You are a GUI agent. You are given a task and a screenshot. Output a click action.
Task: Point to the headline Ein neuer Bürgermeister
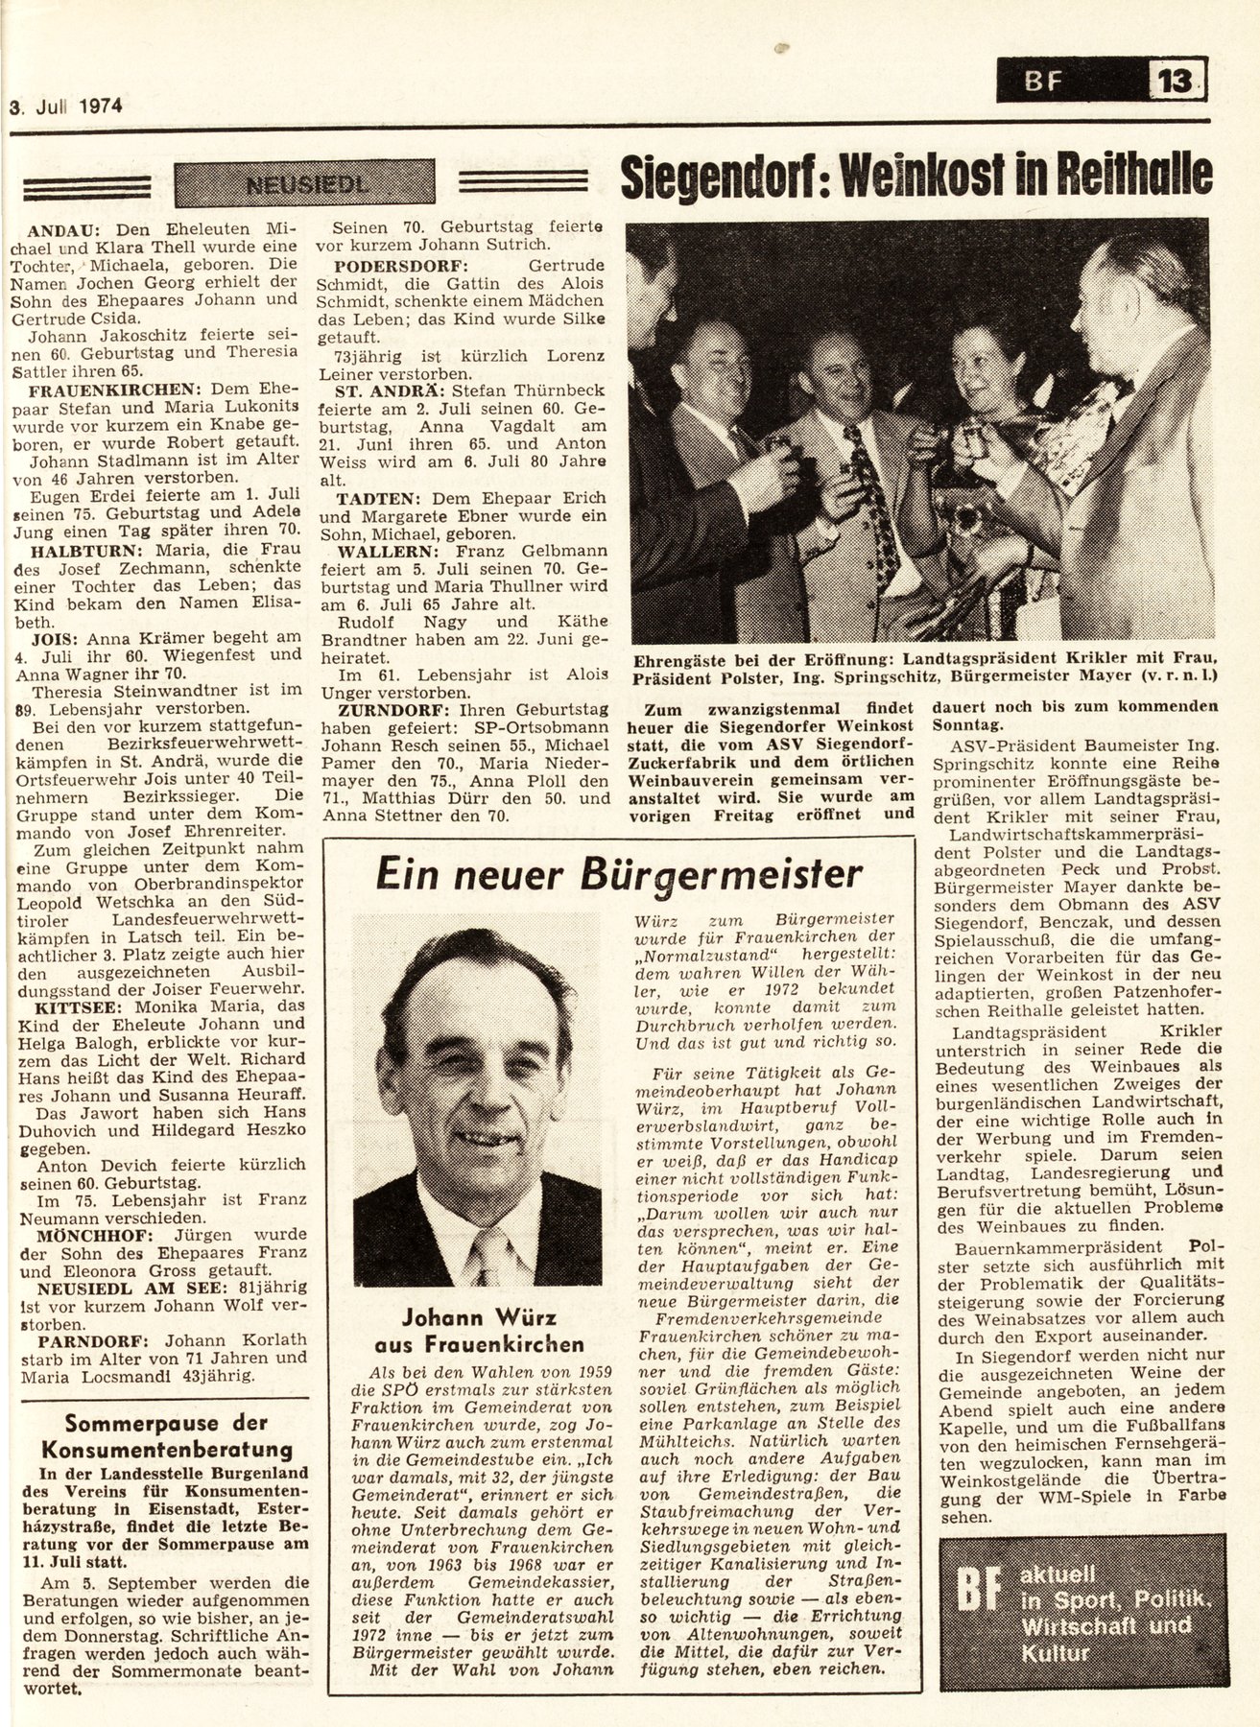point(619,875)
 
